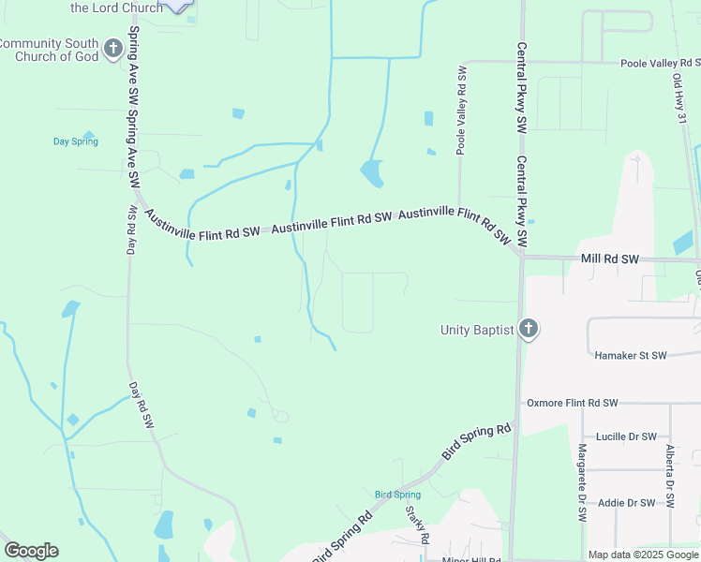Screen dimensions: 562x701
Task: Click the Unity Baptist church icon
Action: tap(529, 330)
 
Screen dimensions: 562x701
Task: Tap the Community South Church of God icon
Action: tap(113, 49)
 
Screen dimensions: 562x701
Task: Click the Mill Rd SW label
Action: tap(609, 259)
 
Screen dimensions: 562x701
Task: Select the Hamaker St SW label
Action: tap(631, 356)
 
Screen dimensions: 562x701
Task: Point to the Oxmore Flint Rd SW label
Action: tap(572, 403)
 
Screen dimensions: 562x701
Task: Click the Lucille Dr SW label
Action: tap(619, 437)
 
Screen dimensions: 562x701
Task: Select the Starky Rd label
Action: tap(417, 525)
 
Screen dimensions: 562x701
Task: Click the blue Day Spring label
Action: tap(75, 142)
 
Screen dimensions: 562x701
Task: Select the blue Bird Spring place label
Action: tap(397, 495)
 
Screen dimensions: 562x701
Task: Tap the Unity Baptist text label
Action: tap(477, 330)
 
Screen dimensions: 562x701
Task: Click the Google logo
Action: tap(31, 551)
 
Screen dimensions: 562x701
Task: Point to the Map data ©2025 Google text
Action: tap(643, 555)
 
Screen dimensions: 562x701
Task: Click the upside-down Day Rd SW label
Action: tap(131, 230)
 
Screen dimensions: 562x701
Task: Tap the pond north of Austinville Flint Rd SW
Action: tap(371, 173)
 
